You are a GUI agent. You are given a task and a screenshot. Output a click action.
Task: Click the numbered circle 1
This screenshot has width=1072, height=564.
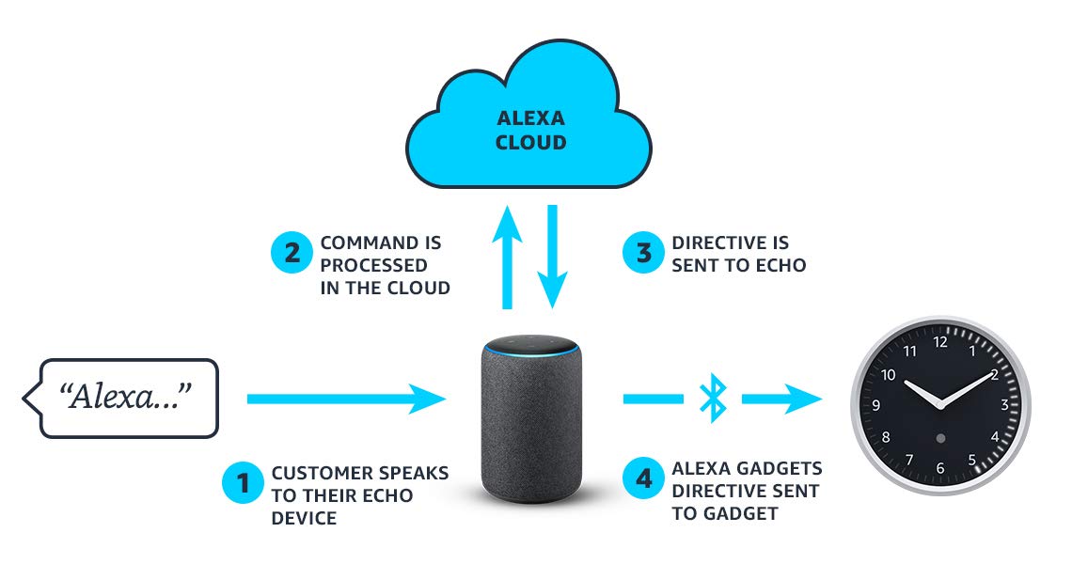click(244, 483)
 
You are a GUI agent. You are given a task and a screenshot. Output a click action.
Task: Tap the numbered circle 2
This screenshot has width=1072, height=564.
click(292, 253)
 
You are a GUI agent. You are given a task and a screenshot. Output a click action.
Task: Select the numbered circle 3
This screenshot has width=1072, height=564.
click(643, 253)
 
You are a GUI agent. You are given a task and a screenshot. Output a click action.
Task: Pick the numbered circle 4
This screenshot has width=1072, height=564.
click(643, 479)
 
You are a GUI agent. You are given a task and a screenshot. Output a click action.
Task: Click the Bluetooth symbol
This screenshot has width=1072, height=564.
click(713, 399)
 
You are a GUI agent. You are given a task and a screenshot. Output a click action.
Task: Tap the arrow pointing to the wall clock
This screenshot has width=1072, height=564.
click(780, 399)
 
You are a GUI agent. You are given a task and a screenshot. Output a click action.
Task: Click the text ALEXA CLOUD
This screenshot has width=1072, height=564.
click(532, 132)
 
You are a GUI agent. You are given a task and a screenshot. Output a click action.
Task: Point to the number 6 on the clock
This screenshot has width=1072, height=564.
click(940, 468)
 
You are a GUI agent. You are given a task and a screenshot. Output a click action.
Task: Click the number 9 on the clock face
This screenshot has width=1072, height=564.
click(876, 406)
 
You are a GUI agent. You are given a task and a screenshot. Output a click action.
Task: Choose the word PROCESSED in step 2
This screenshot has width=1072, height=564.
click(374, 265)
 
